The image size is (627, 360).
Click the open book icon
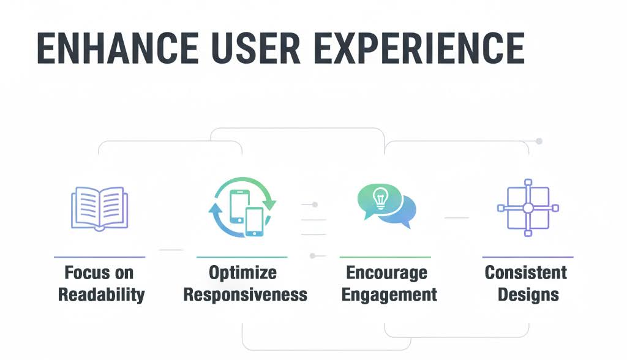coord(99,208)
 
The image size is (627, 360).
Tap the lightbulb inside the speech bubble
coord(379,198)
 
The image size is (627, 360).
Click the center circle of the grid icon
coord(528,208)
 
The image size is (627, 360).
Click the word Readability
coord(101,294)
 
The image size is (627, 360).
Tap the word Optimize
coord(242,272)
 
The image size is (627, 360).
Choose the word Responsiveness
coord(246,294)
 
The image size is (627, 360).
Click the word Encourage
coord(386,272)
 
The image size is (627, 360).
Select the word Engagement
coord(389,294)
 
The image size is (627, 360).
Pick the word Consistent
coord(526,272)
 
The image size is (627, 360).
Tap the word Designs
coord(528,294)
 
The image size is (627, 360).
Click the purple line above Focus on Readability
coord(99,257)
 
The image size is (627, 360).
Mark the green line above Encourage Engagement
coord(385,257)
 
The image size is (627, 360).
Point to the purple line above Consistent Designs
coord(528,257)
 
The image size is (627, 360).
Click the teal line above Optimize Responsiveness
coord(242,257)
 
